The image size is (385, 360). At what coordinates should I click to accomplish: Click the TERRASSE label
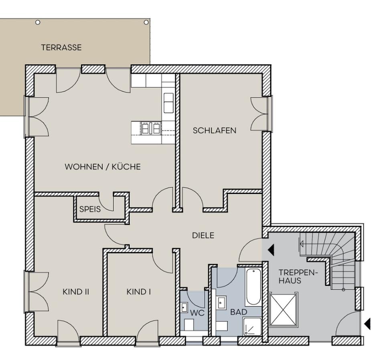[x=61, y=47]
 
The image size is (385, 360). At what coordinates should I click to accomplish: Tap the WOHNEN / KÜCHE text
[x=103, y=167]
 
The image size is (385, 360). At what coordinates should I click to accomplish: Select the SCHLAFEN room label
[x=215, y=130]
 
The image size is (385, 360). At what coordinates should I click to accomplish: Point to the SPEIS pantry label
[x=90, y=209]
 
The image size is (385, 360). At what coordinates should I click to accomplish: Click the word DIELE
[x=203, y=235]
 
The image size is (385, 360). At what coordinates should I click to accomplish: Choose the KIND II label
[x=75, y=291]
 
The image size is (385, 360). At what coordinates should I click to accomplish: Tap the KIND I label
[x=139, y=291]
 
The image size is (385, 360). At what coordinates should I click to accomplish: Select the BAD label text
[x=239, y=311]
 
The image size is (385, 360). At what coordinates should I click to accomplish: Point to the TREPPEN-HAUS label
[x=293, y=277]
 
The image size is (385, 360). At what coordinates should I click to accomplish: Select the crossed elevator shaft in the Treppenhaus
[x=284, y=309]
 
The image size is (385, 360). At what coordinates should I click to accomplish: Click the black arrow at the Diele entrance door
[x=271, y=250]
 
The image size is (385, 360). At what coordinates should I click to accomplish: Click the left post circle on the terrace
[x=38, y=22]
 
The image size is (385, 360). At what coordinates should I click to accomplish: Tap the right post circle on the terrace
[x=146, y=22]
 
